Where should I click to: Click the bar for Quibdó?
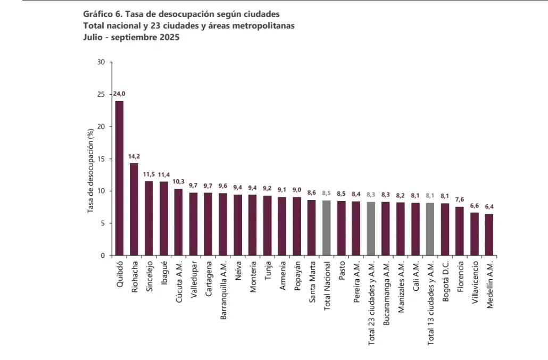[x=120, y=178]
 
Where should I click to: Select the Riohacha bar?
[x=134, y=210]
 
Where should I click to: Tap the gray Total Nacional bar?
[x=327, y=228]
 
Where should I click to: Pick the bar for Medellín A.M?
[x=489, y=235]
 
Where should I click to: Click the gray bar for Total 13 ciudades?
[x=430, y=229]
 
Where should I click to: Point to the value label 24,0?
[x=120, y=94]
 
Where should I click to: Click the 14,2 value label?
[x=134, y=157]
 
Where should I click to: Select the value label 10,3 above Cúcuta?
[x=178, y=182]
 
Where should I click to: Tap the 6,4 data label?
[x=489, y=207]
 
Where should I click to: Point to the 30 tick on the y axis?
[x=102, y=62]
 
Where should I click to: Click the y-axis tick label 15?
[x=102, y=159]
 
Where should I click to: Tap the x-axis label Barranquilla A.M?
[x=224, y=289]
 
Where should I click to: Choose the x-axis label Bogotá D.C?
[x=445, y=280]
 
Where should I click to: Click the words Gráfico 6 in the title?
[x=102, y=13]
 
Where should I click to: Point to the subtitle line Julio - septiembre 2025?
[x=131, y=37]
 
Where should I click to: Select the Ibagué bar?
[x=164, y=219]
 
